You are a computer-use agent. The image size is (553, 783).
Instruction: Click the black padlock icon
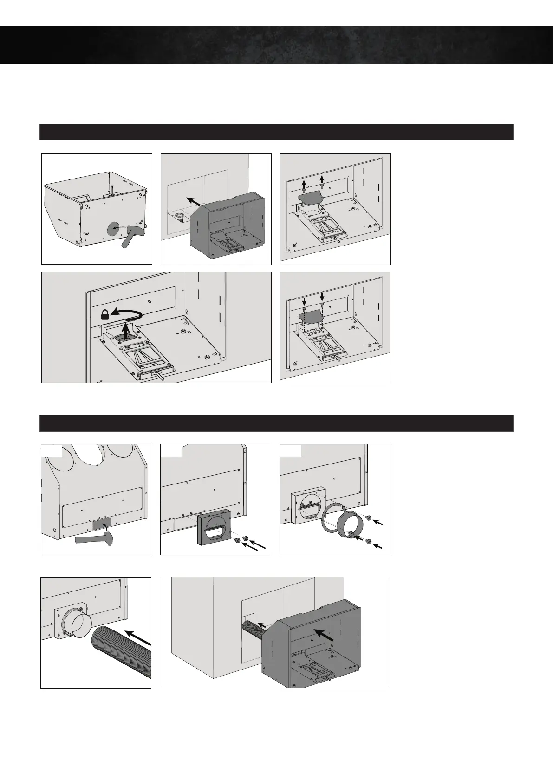[x=105, y=314]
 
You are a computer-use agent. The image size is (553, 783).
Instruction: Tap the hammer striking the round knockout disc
[x=133, y=234]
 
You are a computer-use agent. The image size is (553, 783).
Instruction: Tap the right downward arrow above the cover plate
[x=322, y=296]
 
